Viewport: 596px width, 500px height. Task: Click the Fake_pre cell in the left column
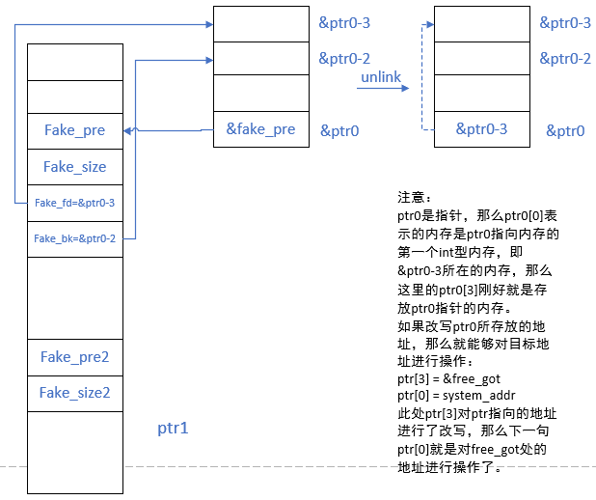[74, 130]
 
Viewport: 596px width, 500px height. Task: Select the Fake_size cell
[74, 167]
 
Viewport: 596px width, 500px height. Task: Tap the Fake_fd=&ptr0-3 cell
[74, 203]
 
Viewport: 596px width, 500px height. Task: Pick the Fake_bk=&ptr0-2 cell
[74, 238]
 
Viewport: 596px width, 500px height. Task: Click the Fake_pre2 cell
[74, 357]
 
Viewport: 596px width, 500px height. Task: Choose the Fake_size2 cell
[74, 393]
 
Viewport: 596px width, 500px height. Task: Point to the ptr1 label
[172, 426]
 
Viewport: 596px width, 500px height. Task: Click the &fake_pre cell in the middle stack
[260, 128]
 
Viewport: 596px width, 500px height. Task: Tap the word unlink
[380, 75]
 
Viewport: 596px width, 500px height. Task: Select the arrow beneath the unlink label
[382, 89]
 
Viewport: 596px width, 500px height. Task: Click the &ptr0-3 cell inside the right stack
[481, 128]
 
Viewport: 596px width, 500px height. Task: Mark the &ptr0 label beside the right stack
[565, 130]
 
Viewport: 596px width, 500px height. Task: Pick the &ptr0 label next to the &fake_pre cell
[339, 130]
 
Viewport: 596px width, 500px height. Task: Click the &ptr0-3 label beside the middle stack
[345, 22]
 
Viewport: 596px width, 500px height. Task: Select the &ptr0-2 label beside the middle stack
[345, 59]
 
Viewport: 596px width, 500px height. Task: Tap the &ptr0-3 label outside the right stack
[565, 22]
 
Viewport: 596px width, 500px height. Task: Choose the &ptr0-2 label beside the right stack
[565, 59]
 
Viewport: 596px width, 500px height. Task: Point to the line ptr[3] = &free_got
[448, 379]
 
